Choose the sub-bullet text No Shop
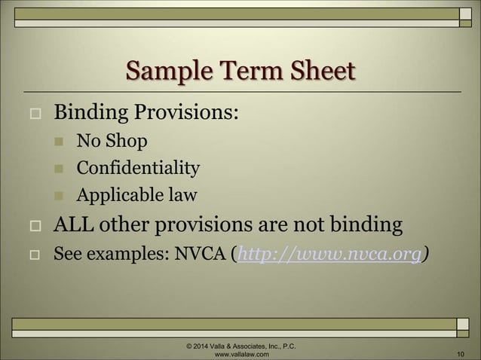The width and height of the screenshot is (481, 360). [x=112, y=141]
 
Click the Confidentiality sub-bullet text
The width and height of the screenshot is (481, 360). [x=138, y=168]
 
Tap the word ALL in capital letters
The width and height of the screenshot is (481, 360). [x=75, y=224]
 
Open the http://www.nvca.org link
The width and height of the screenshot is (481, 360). [x=329, y=254]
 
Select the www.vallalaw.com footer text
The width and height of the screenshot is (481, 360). [x=240, y=352]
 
